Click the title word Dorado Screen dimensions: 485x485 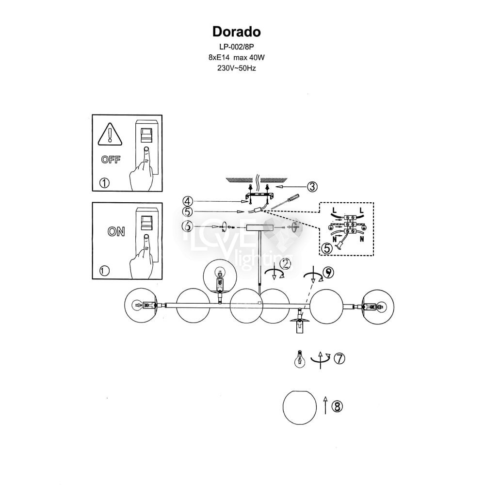(x=236, y=32)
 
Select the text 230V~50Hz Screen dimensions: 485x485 (x=237, y=68)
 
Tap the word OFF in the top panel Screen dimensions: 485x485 (x=111, y=160)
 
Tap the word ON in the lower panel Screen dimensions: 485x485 (x=116, y=231)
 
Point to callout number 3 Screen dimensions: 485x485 (x=312, y=187)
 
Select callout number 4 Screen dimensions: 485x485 (x=188, y=201)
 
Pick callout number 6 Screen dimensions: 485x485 (x=187, y=226)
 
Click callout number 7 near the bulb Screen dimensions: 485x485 (x=339, y=358)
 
